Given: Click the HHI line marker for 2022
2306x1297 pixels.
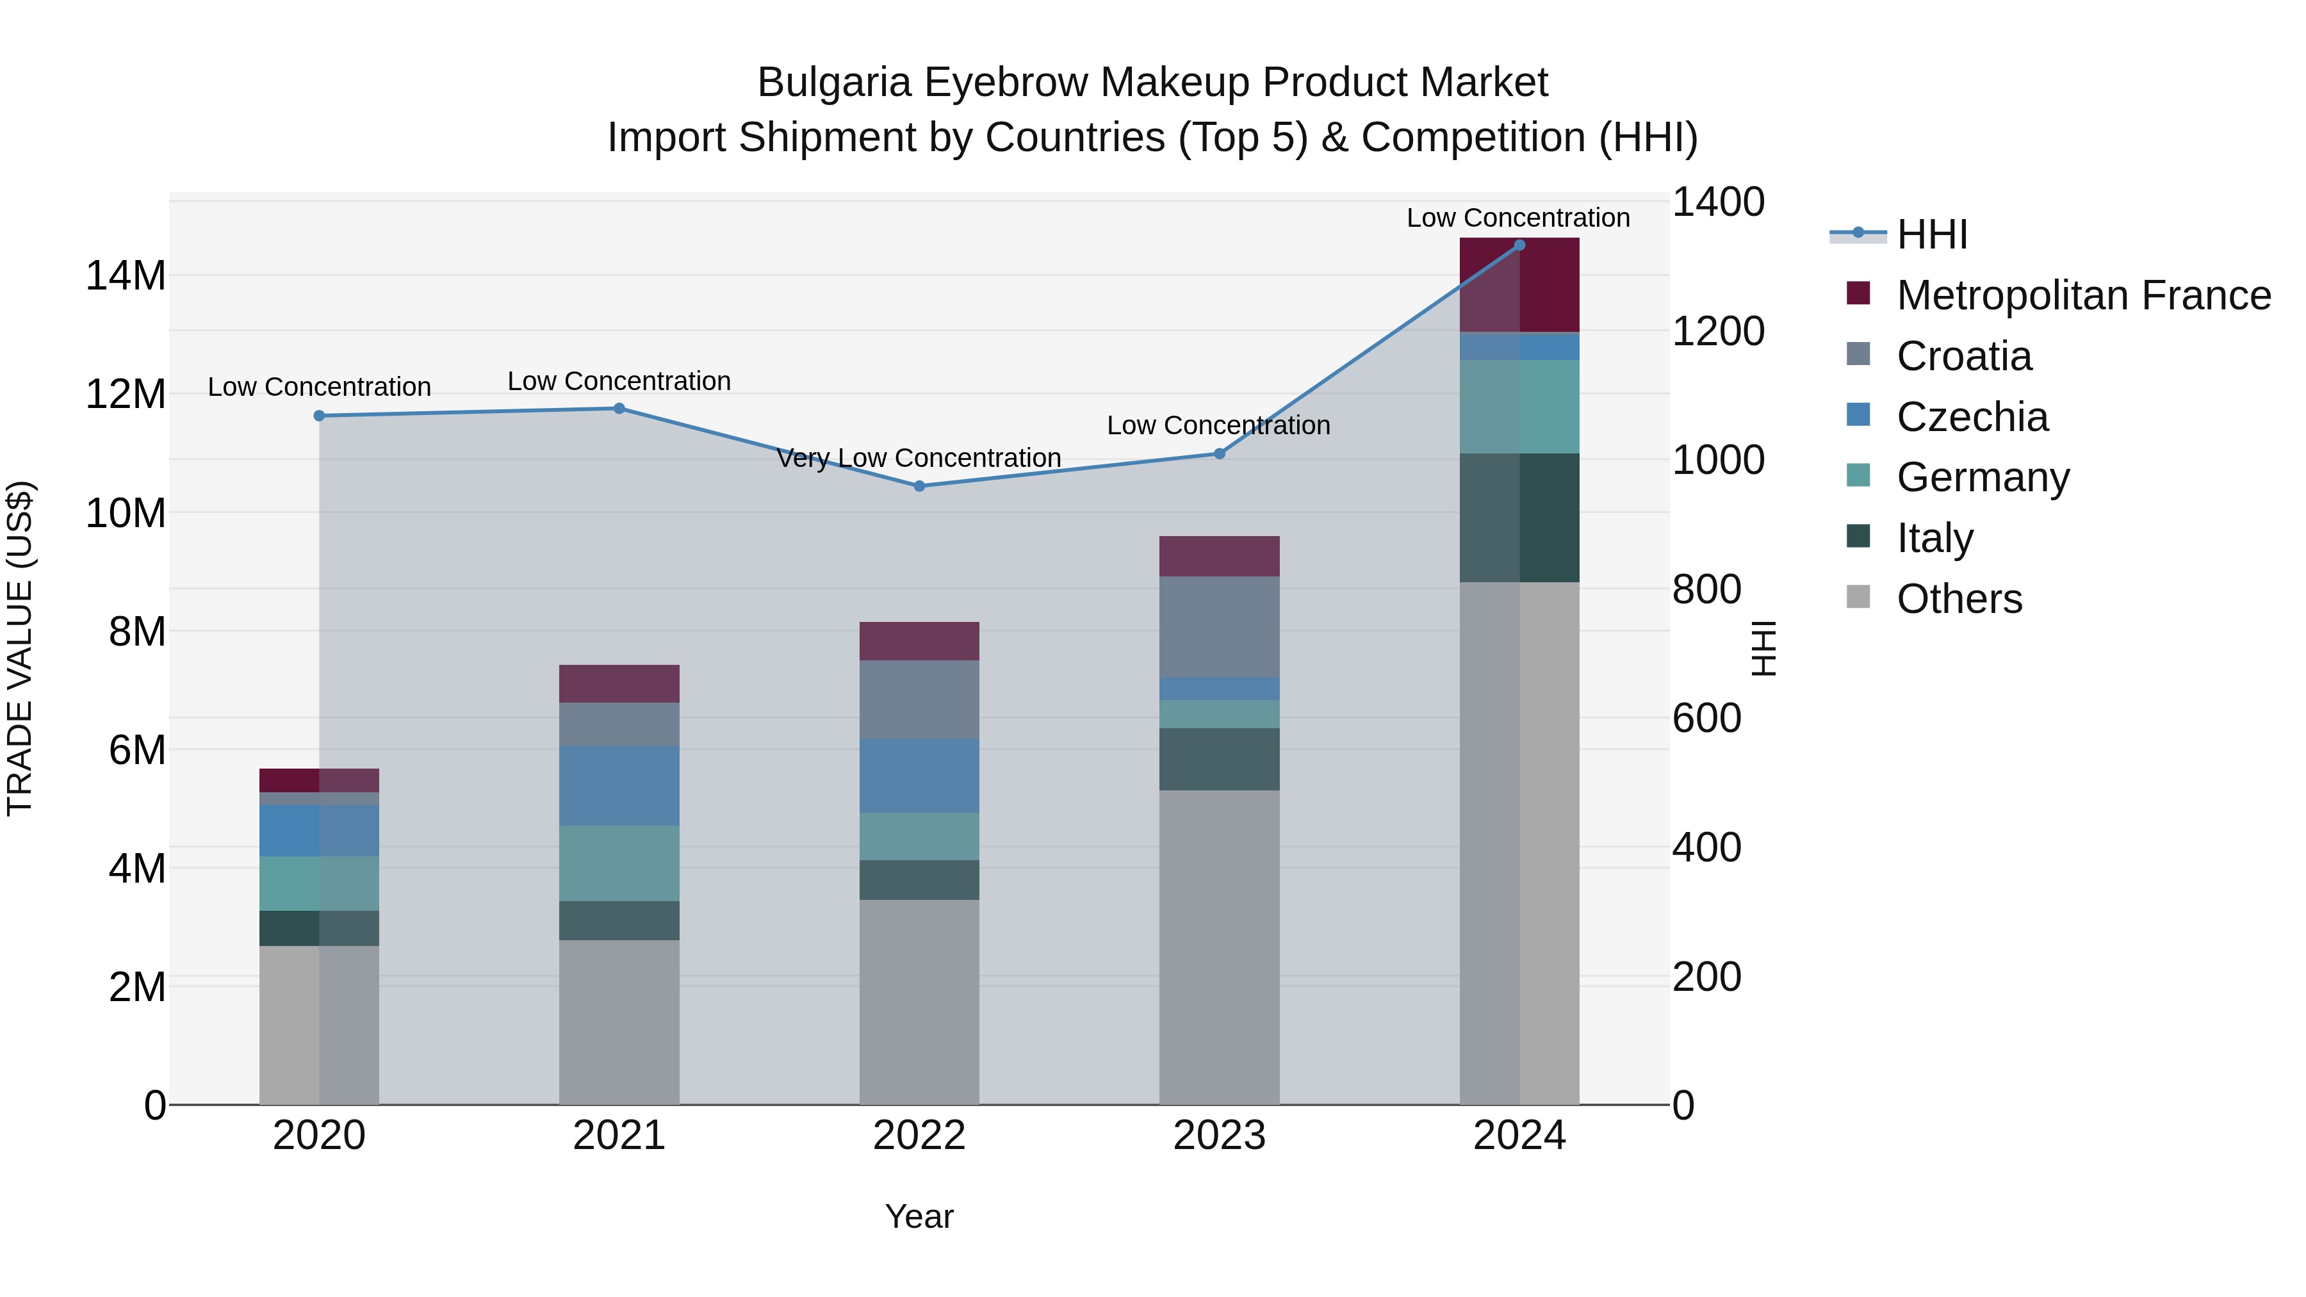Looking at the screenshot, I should [x=919, y=486].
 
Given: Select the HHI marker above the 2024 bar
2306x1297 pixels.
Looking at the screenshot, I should [x=1519, y=245].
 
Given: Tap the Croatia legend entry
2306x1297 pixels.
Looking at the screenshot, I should [x=1963, y=356].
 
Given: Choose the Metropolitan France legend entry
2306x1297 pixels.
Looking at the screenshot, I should [x=2082, y=295].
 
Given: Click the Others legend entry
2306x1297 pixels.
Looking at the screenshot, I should [x=1959, y=599].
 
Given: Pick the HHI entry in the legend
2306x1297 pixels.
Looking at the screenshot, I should [x=1932, y=234].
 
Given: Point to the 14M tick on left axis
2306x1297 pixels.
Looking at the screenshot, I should [x=126, y=275].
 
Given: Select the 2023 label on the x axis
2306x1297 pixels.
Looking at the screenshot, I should [x=1218, y=1136].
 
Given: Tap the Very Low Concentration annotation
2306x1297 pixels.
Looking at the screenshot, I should [x=919, y=459].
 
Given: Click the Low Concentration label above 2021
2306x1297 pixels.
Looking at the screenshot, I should [x=619, y=381].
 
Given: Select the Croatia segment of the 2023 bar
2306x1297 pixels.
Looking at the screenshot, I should [x=1218, y=626].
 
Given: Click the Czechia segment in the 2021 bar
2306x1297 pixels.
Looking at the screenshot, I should [x=619, y=786].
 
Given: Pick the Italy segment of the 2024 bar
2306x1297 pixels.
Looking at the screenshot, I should [x=1519, y=518].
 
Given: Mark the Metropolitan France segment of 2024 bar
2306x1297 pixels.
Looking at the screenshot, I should [x=1519, y=284].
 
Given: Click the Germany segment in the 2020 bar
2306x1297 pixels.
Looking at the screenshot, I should [x=319, y=883].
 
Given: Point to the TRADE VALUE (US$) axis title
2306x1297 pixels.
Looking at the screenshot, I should [x=20, y=648].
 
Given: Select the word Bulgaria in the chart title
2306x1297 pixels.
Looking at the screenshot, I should [x=834, y=83].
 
